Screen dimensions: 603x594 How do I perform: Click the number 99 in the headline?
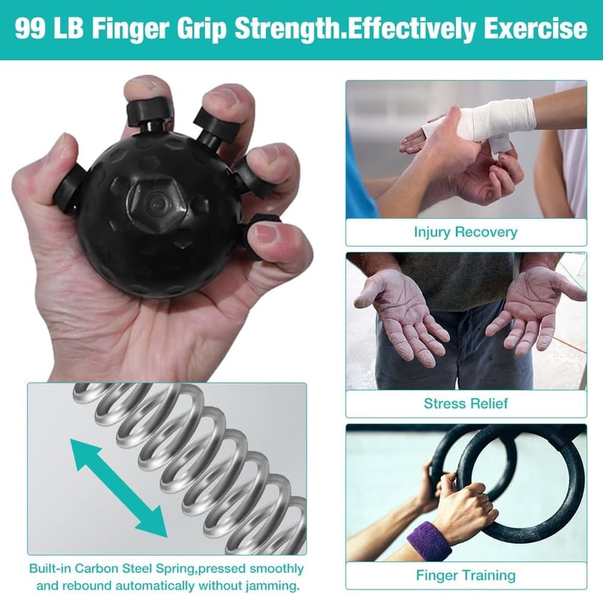(x=31, y=29)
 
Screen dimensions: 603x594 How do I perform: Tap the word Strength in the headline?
(x=289, y=29)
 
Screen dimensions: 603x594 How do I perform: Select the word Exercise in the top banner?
(x=535, y=29)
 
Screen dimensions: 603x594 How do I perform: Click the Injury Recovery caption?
(x=466, y=232)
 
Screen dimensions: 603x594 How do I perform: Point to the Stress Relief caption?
(x=466, y=403)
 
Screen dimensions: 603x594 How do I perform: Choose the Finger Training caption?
(x=466, y=576)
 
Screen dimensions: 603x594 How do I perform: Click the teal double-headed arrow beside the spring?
(x=118, y=488)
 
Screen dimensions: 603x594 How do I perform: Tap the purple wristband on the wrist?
(x=430, y=541)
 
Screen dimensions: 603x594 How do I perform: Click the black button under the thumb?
(x=70, y=188)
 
